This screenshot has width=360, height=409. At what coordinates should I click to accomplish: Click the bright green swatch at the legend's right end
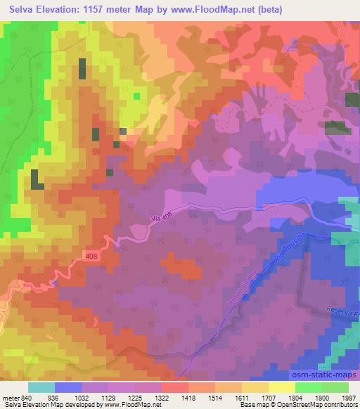click(x=334, y=387)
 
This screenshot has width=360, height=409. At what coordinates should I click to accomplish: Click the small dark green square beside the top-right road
click(x=339, y=128)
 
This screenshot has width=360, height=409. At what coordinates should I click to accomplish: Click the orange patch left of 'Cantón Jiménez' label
click(x=188, y=271)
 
